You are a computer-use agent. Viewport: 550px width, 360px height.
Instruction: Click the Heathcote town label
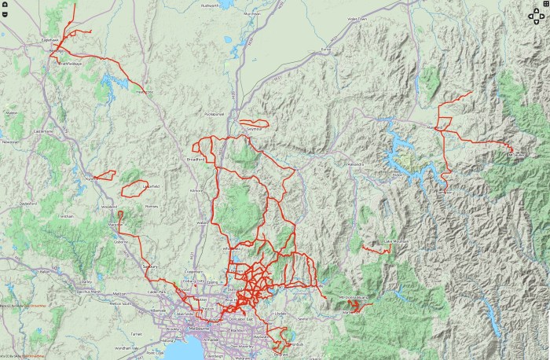coord(144,93)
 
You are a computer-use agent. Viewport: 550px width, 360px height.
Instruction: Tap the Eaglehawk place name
coord(51,39)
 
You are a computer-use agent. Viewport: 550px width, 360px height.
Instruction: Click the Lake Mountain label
coord(395,241)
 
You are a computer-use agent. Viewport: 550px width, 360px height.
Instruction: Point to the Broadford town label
coord(195,159)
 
